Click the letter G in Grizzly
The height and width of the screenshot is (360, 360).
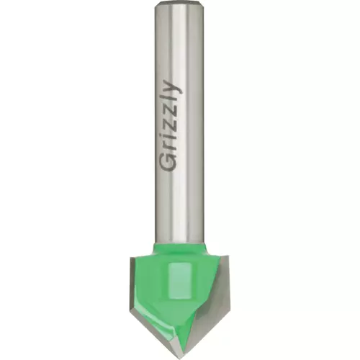pyautogui.click(x=168, y=162)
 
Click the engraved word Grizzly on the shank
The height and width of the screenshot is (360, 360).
pyautogui.click(x=171, y=127)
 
